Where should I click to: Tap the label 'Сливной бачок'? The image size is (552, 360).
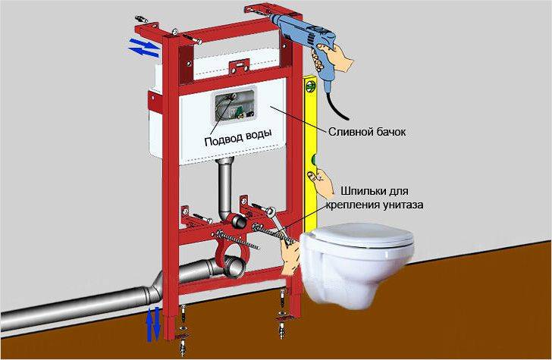coord(366,132)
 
